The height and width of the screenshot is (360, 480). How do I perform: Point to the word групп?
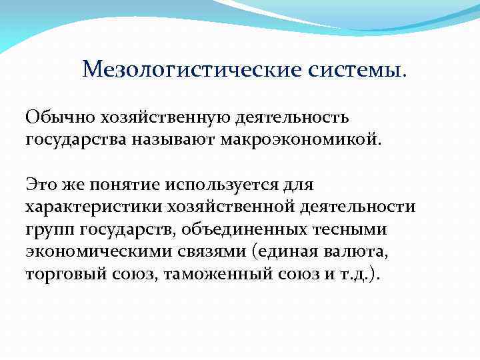[50, 229]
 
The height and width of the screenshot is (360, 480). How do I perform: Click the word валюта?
[361, 251]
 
